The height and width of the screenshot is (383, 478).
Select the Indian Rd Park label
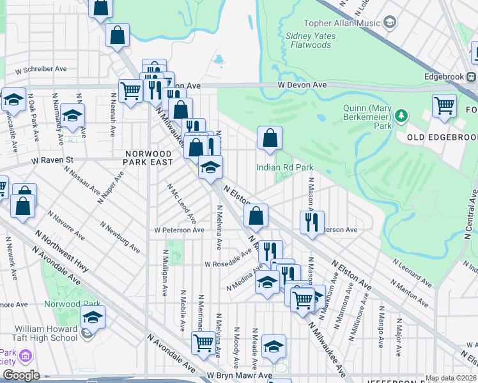tap(284, 167)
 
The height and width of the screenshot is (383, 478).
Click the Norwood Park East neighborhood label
tap(149, 158)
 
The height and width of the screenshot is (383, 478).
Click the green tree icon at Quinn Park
tap(401, 116)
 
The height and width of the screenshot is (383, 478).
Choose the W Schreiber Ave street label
tap(42, 70)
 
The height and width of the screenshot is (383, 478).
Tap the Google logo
tap(21, 375)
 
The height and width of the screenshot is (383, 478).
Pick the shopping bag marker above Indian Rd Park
tap(270, 138)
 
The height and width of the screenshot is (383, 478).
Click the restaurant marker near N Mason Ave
tap(312, 222)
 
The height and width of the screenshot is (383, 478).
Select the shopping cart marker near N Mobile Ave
tap(203, 343)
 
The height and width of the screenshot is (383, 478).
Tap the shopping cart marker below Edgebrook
tap(444, 105)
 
